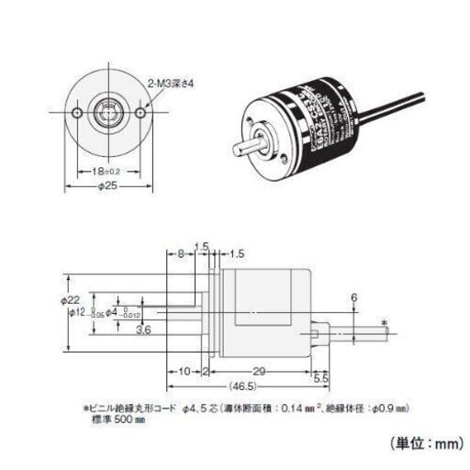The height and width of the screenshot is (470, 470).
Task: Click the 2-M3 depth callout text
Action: (175, 84)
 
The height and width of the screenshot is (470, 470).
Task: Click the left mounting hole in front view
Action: (74, 114)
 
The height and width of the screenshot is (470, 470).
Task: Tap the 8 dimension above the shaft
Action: (181, 252)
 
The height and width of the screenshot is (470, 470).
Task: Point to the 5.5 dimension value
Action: (320, 377)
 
